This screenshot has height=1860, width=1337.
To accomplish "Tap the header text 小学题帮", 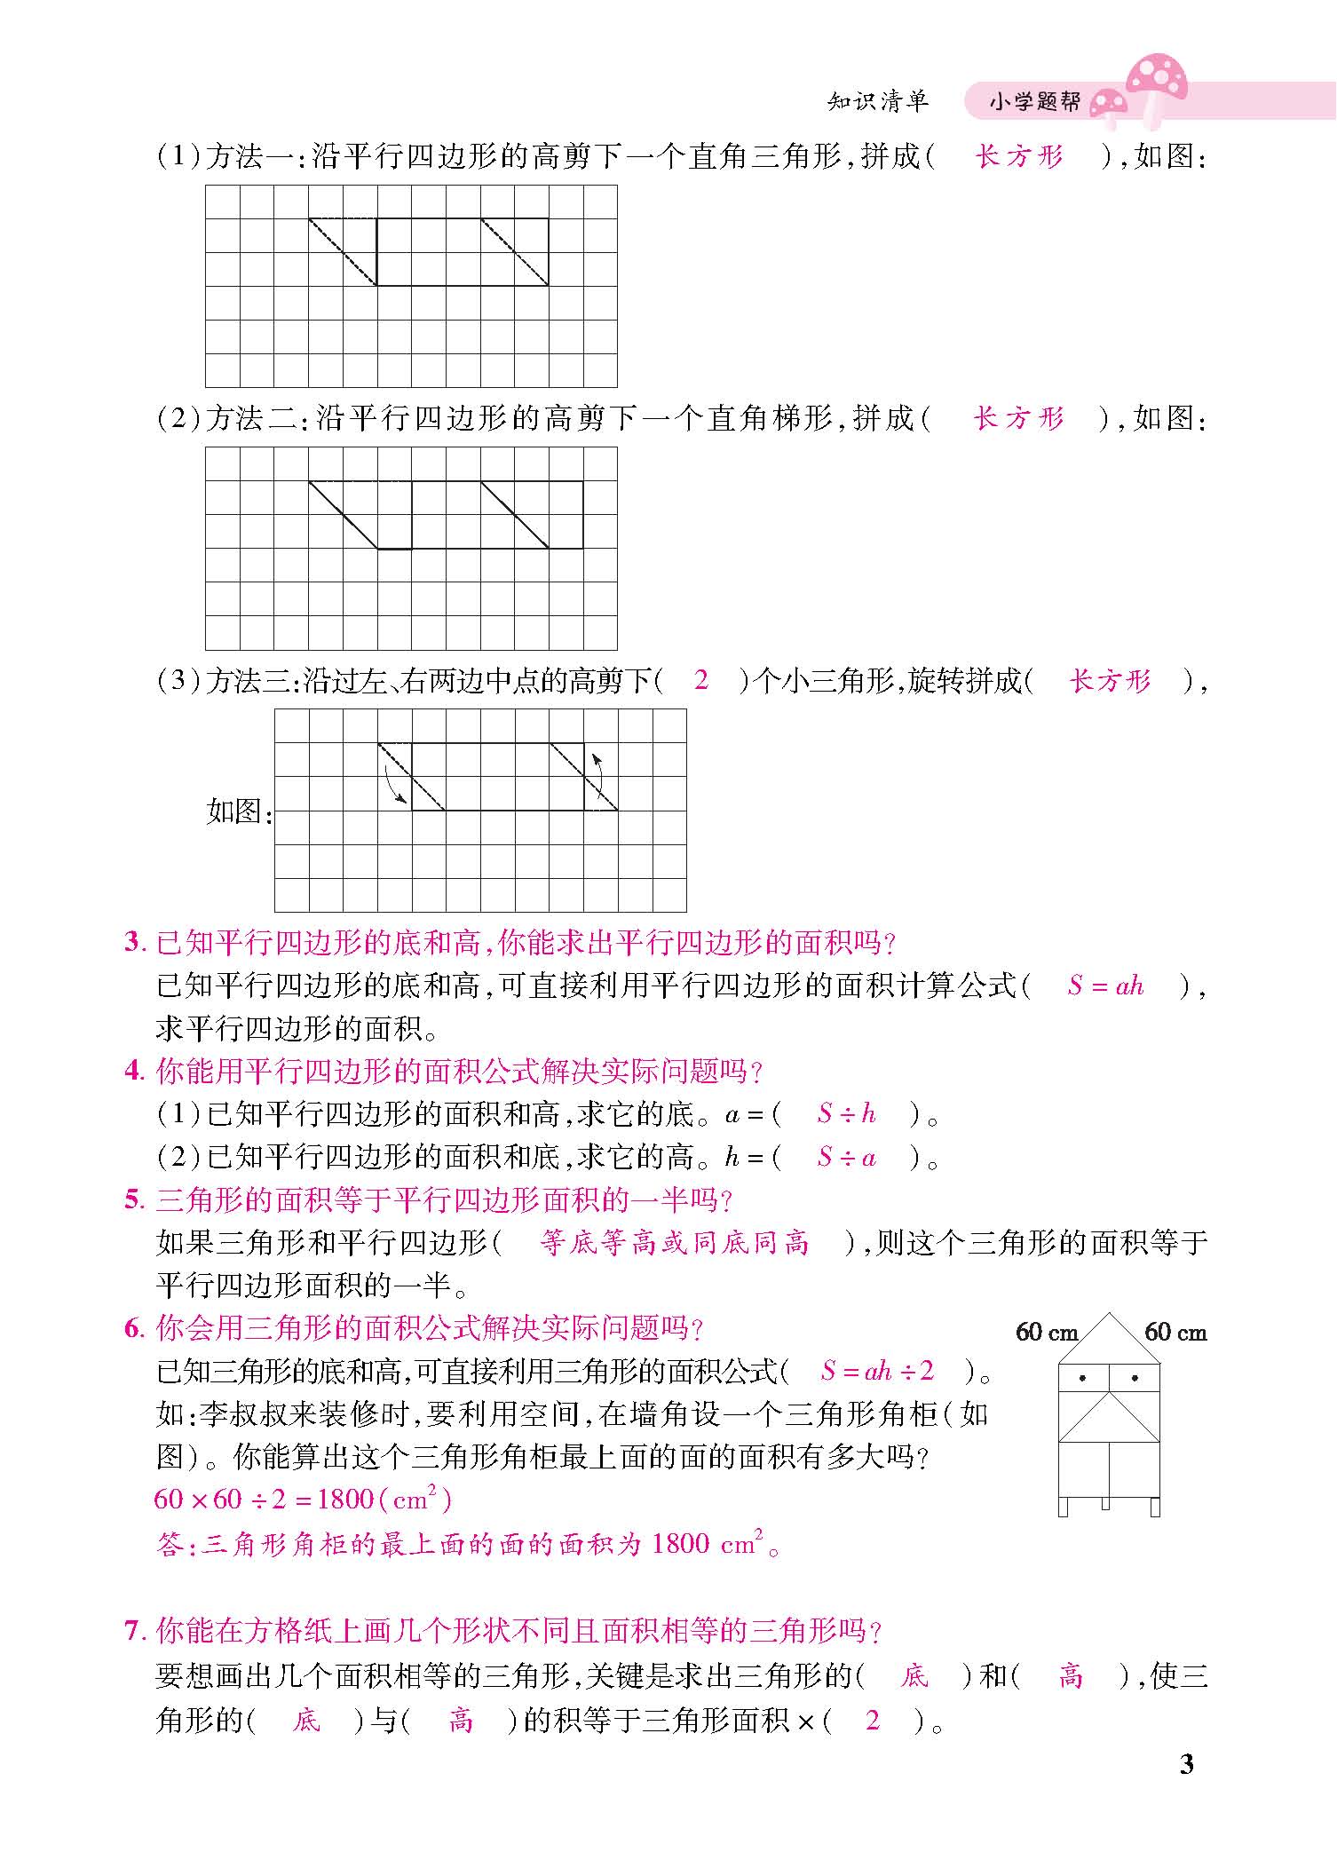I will coord(1034,102).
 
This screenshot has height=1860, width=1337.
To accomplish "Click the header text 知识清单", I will coord(877,101).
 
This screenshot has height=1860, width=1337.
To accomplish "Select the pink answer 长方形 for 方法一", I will coord(1019,157).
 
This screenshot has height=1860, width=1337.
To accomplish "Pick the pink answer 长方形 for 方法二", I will coord(1019,418).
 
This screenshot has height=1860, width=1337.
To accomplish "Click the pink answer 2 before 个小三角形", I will coord(701,680).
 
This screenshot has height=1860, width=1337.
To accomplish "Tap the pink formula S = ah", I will coord(1105,986).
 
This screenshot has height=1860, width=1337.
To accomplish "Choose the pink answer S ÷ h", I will coord(846,1113).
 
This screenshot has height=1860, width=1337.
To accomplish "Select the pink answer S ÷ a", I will coord(846,1157).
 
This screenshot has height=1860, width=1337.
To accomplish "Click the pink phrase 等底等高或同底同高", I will coord(675,1243).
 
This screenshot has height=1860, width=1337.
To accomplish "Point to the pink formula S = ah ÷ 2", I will coord(877,1371).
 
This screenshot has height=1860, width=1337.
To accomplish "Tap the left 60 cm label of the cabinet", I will coord(1046,1332).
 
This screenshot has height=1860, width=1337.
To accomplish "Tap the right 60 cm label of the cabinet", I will coord(1175,1332).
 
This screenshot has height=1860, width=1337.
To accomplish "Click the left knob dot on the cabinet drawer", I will coord(1082,1379).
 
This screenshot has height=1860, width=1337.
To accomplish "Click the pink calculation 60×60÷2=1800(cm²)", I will coord(303,1500).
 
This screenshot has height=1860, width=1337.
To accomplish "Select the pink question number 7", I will coord(133,1631).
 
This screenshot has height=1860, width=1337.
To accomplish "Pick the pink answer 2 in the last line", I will coord(872,1721).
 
